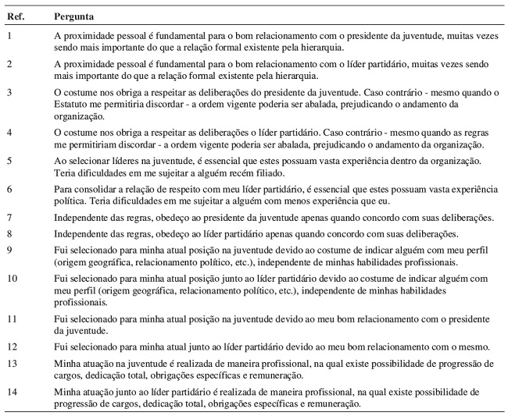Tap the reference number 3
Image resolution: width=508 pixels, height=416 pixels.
8,93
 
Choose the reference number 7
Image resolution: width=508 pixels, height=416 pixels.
8,216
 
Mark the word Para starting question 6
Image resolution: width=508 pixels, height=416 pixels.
63,189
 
